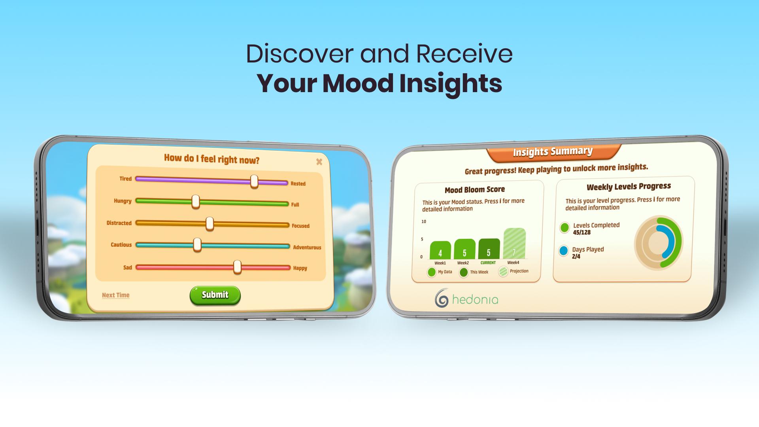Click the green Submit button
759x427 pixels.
coord(215,295)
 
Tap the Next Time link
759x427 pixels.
coord(115,295)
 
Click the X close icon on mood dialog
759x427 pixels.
coord(319,162)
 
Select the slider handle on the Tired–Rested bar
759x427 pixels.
coord(254,181)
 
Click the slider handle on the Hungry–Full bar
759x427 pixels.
coord(196,202)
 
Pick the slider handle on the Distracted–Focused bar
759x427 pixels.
coord(210,223)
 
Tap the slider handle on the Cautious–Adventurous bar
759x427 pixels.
coord(197,245)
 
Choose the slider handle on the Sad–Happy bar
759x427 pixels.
coord(237,267)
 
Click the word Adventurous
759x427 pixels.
coord(307,248)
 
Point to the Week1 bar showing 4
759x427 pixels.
coord(440,250)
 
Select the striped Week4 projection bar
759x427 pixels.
coord(514,243)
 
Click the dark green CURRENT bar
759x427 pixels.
coord(489,249)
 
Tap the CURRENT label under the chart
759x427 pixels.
coord(488,263)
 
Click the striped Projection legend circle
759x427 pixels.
coord(503,272)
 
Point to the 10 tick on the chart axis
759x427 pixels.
coord(424,221)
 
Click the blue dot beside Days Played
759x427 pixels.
coord(563,251)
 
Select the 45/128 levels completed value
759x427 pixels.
coord(582,232)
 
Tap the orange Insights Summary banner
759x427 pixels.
coord(553,152)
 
